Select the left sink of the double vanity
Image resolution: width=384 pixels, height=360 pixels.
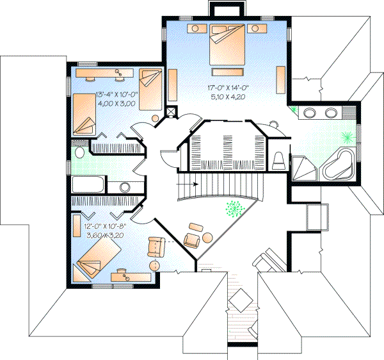point(309,114)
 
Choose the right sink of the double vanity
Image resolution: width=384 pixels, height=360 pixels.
point(331,114)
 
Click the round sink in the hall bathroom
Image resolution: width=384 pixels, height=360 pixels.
point(125,187)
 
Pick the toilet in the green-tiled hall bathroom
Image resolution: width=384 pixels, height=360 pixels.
point(79,154)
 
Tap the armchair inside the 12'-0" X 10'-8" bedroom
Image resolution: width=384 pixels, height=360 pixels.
point(156,247)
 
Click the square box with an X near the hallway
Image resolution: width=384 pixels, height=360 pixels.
point(171,110)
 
